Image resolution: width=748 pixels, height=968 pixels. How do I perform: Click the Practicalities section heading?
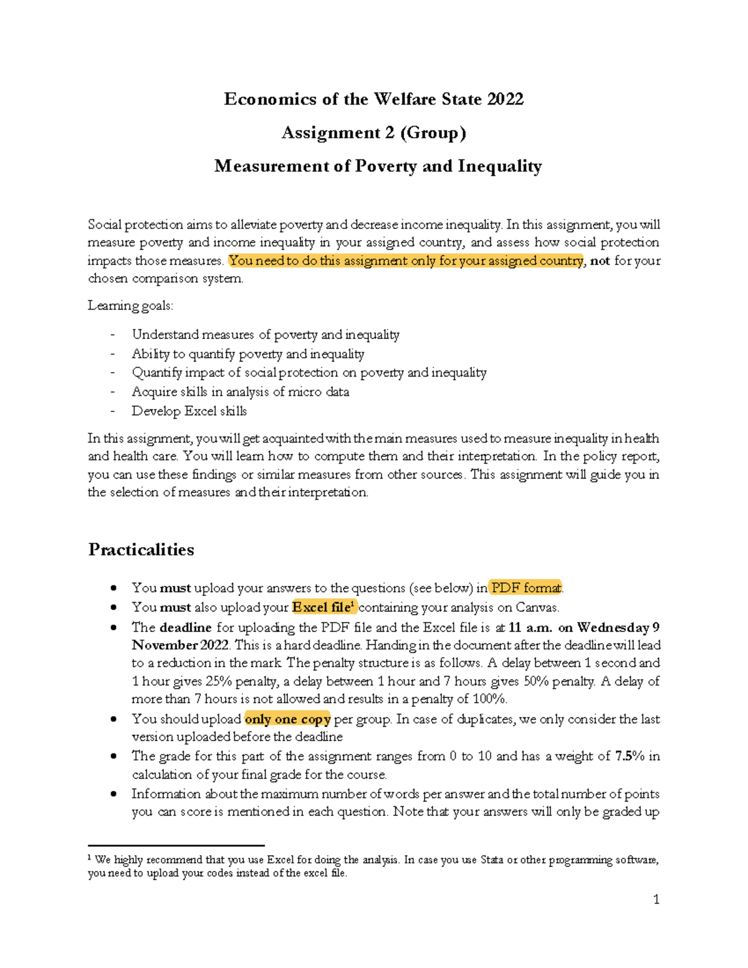click(x=141, y=550)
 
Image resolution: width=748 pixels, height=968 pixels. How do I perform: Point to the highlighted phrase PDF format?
click(x=525, y=588)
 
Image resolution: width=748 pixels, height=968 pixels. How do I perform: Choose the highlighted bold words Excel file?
click(x=322, y=607)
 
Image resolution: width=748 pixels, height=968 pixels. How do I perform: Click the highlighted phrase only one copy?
click(x=287, y=719)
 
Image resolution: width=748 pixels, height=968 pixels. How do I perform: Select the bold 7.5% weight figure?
click(x=630, y=756)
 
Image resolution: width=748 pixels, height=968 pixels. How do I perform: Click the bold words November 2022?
click(x=181, y=645)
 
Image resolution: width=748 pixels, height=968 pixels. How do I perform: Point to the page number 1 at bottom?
click(x=656, y=899)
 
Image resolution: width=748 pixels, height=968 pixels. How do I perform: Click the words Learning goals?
click(x=130, y=305)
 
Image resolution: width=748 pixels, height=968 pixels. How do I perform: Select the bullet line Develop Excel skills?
click(x=189, y=411)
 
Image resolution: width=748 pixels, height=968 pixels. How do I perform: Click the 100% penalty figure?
click(x=489, y=699)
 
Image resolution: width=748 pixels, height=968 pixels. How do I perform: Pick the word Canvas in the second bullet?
click(x=536, y=607)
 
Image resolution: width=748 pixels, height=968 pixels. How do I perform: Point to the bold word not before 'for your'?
click(x=600, y=261)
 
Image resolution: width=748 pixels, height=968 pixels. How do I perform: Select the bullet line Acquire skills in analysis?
click(x=240, y=392)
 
